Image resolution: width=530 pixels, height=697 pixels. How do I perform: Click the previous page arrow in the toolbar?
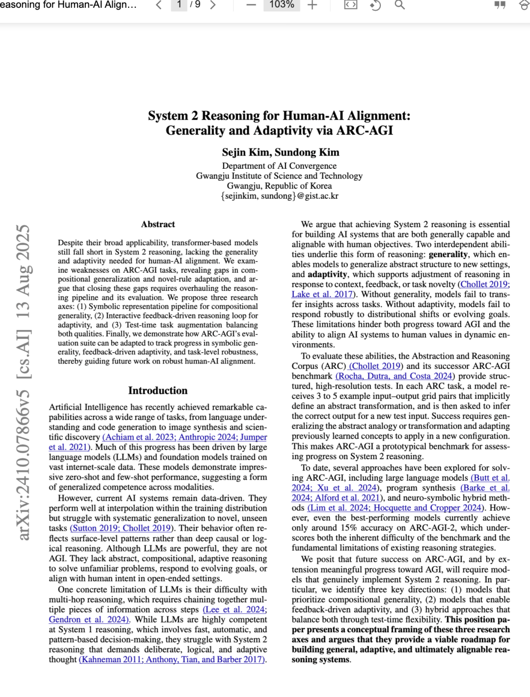159,5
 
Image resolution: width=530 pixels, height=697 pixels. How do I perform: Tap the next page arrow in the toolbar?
213,5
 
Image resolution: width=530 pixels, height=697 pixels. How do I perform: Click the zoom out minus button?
251,5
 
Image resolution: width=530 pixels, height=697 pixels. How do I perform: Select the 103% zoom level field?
282,5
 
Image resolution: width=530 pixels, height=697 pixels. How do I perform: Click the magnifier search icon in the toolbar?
400,5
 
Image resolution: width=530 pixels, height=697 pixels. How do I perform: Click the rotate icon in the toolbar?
375,5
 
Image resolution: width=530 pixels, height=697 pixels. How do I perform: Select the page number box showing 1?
179,5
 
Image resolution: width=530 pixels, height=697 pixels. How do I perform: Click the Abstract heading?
158,224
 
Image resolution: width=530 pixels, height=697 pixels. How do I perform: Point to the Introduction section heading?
158,390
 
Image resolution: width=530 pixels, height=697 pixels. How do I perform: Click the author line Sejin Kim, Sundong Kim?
280,152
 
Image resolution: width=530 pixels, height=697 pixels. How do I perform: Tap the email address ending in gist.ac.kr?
279,196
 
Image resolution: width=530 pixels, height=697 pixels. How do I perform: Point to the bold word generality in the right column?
448,255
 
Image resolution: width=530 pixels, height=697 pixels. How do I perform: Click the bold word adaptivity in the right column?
327,274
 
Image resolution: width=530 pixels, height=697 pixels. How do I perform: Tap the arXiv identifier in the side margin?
24,383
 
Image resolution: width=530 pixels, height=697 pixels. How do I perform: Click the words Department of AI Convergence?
279,166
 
